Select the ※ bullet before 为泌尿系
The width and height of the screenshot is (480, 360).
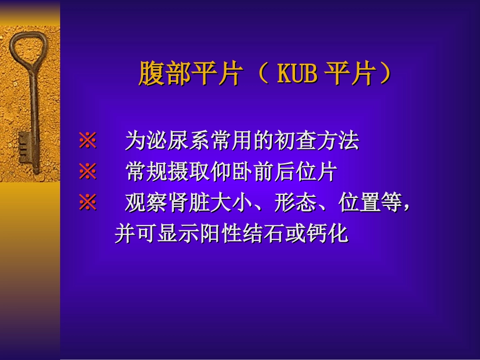[87, 141]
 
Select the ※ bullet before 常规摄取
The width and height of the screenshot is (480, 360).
[87, 173]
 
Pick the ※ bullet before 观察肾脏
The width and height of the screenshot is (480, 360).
[87, 203]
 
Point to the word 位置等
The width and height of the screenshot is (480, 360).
[371, 203]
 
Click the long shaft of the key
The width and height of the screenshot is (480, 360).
[34, 106]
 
